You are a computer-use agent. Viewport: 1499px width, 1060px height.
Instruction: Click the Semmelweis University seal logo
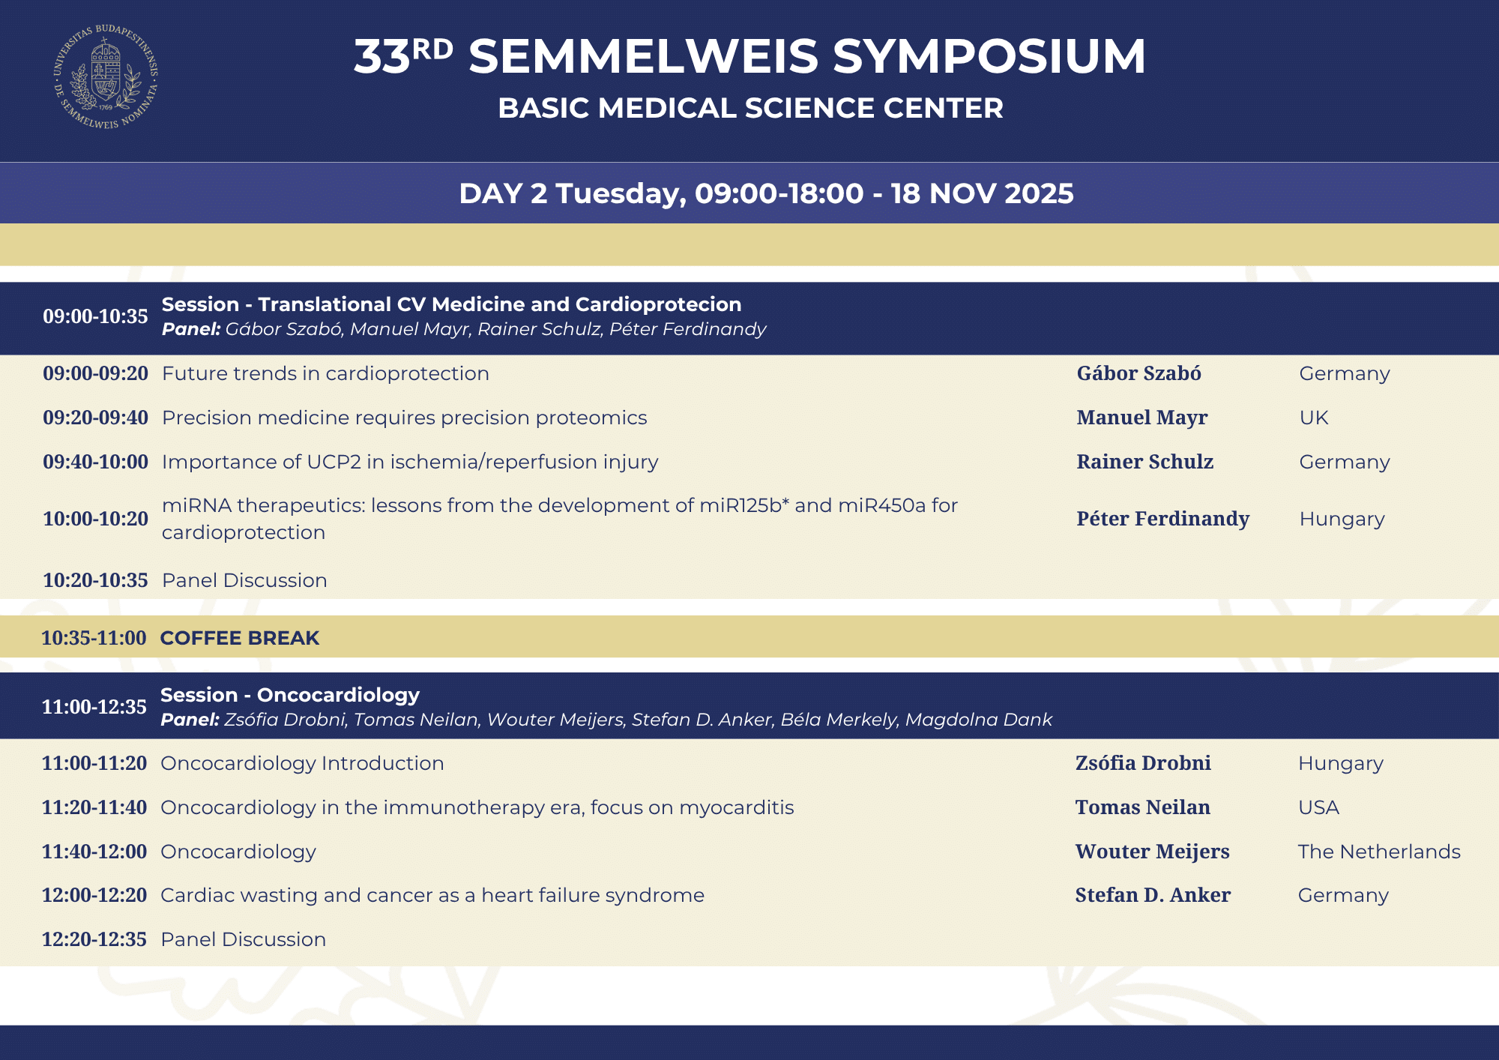pos(106,76)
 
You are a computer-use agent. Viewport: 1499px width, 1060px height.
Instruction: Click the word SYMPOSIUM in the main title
pos(989,56)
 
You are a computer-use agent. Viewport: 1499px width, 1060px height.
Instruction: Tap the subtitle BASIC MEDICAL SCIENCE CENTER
pos(750,108)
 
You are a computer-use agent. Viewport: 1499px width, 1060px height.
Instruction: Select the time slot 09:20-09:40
pos(95,418)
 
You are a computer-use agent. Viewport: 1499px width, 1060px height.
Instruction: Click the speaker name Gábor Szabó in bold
pos(1138,373)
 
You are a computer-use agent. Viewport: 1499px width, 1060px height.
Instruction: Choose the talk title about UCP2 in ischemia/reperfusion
pos(410,462)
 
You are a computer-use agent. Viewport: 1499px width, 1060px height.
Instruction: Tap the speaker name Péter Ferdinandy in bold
pos(1162,519)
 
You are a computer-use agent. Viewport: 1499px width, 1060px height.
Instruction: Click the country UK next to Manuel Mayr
pos(1313,418)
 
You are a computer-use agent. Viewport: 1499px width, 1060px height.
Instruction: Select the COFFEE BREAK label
pos(240,638)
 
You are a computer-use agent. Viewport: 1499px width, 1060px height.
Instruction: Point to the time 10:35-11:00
pos(94,638)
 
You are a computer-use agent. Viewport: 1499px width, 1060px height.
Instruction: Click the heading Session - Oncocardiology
pos(290,695)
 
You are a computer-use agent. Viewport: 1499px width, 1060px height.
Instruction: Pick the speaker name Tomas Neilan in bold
pos(1142,807)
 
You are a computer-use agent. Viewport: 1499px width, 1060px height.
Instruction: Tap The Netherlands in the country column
pos(1379,852)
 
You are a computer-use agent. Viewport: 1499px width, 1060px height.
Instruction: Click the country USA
pos(1318,807)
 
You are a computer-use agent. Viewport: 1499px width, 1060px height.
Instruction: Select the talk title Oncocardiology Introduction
pos(302,763)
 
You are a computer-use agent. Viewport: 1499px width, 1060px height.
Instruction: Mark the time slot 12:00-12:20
pos(94,895)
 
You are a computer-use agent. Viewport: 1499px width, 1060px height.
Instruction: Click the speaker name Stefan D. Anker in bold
pos(1153,895)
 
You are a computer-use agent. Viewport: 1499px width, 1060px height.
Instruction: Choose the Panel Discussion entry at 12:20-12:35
pos(243,939)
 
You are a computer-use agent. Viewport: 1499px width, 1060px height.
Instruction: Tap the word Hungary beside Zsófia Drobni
pos(1340,764)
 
